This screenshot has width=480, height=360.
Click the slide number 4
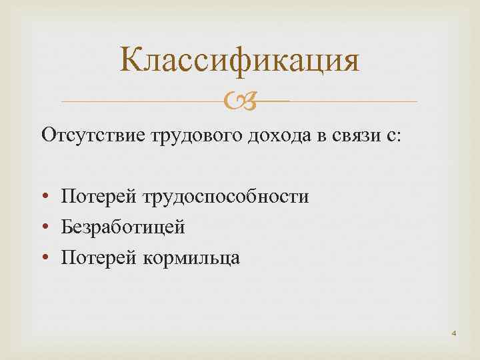[x=453, y=331]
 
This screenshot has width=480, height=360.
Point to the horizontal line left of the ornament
[x=140, y=101]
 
